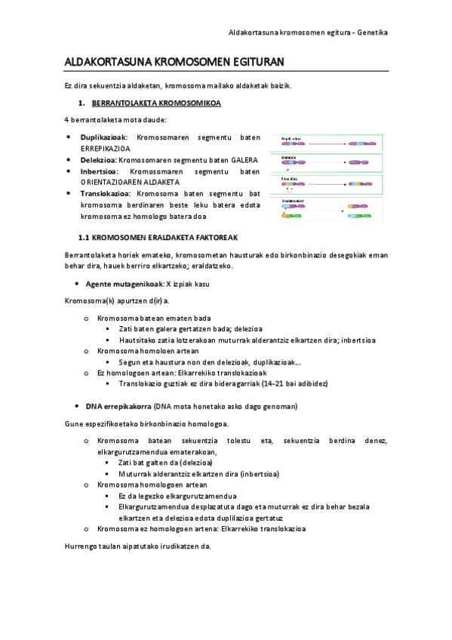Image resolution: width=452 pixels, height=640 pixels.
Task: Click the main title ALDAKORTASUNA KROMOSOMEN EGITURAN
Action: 174,62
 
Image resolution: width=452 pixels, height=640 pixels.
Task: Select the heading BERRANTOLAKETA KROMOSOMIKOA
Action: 156,103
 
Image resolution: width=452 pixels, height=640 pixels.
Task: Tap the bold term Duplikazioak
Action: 104,137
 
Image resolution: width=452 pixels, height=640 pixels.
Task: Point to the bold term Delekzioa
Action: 98,160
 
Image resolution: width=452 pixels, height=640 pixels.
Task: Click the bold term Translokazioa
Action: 106,193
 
